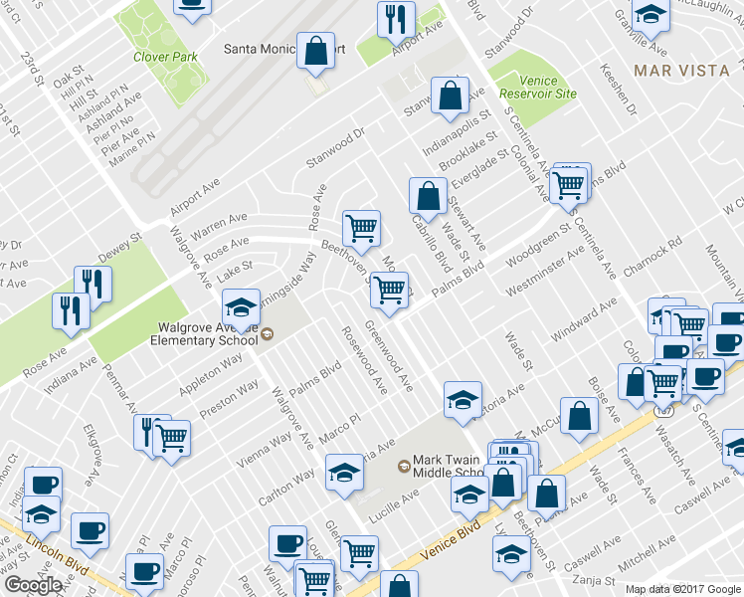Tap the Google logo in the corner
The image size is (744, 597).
(x=33, y=586)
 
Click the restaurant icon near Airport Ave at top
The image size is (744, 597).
(x=396, y=20)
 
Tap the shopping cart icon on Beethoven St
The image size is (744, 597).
(x=362, y=227)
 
